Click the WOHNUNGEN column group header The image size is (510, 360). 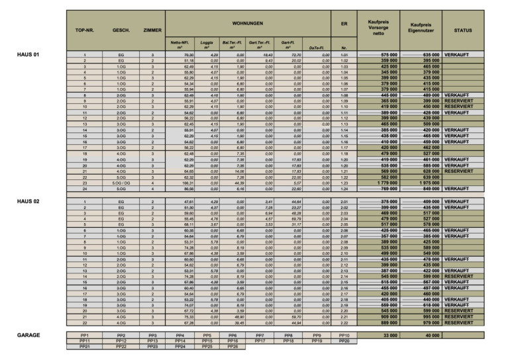tap(248, 23)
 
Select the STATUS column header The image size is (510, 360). tap(462, 30)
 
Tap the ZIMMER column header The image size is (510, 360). tap(152, 30)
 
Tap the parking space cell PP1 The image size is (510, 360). tap(85, 336)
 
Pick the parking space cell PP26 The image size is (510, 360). tap(232, 346)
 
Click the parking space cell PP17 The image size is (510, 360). tap(260, 341)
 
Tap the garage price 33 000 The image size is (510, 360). tap(378, 336)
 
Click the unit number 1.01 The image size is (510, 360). tap(344, 55)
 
